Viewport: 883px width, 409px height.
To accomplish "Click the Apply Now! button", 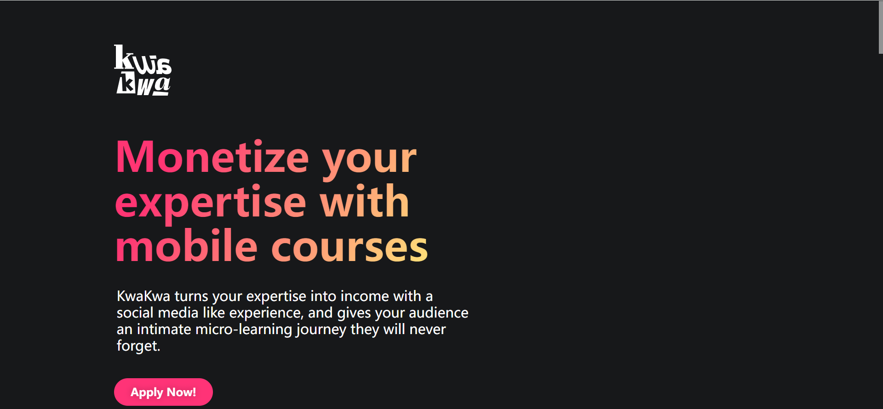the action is click(x=163, y=392).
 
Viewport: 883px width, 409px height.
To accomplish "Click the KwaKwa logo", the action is click(x=143, y=70).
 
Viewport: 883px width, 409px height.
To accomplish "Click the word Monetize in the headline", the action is click(x=212, y=157).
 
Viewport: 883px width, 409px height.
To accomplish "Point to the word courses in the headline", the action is click(x=350, y=248).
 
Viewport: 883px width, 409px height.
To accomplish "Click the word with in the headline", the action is click(x=365, y=201).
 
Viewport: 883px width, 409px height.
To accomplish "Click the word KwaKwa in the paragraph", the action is click(x=143, y=296).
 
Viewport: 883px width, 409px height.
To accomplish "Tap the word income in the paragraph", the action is click(x=365, y=296).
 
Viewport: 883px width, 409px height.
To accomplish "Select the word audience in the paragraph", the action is click(x=439, y=312).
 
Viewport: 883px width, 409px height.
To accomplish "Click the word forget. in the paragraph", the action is click(x=138, y=346).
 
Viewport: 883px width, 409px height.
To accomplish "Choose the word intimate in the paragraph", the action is click(x=164, y=329).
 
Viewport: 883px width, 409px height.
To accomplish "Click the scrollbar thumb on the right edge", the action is click(x=881, y=27).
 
